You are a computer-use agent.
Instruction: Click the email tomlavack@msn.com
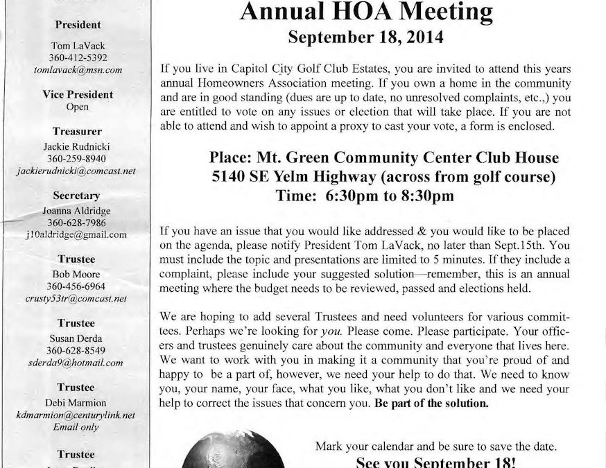(78, 70)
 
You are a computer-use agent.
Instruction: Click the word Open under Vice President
(78, 107)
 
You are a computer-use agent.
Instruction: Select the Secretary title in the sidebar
(78, 196)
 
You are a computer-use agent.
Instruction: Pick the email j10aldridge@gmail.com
(78, 234)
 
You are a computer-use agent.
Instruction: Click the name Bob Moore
(78, 272)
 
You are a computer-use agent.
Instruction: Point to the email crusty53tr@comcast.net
(78, 298)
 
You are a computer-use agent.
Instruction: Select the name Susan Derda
(78, 336)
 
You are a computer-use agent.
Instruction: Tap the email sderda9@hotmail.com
(78, 362)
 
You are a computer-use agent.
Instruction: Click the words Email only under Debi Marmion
(78, 427)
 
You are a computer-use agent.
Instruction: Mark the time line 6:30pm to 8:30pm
(365, 196)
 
